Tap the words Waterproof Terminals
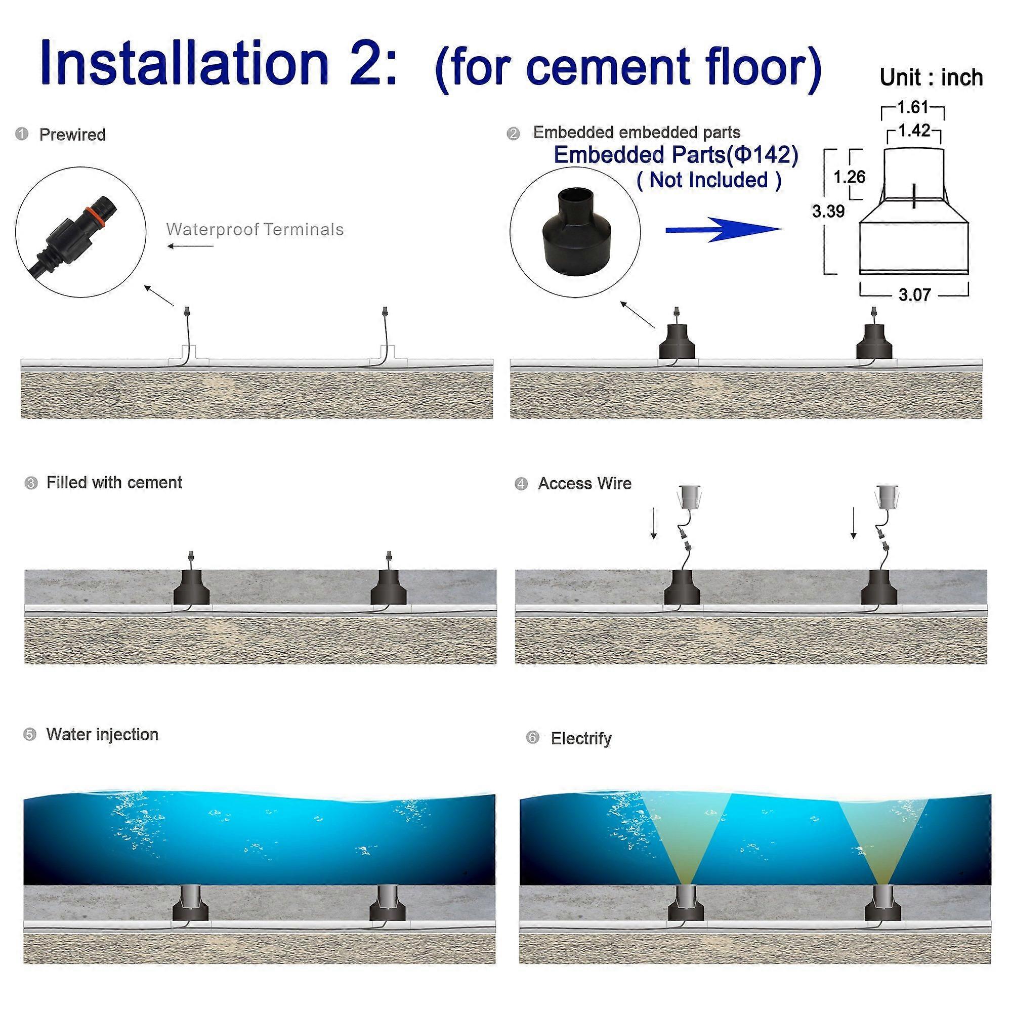pyautogui.click(x=255, y=229)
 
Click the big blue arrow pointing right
pyautogui.click(x=723, y=230)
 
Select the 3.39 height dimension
pyautogui.click(x=828, y=212)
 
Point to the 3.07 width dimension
pyautogui.click(x=914, y=295)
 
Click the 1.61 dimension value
pyautogui.click(x=912, y=107)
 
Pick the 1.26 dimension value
pyautogui.click(x=849, y=177)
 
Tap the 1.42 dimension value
pyautogui.click(x=914, y=131)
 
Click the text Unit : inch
pyautogui.click(x=931, y=77)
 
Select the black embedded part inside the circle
pyautogui.click(x=575, y=230)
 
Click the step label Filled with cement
pyautogui.click(x=114, y=482)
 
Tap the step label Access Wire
pyautogui.click(x=584, y=483)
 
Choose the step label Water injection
pyautogui.click(x=102, y=734)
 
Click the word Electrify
pyautogui.click(x=581, y=739)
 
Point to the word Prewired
pyautogui.click(x=72, y=135)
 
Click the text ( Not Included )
pyautogui.click(x=709, y=180)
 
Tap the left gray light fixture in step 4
pyautogui.click(x=690, y=495)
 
